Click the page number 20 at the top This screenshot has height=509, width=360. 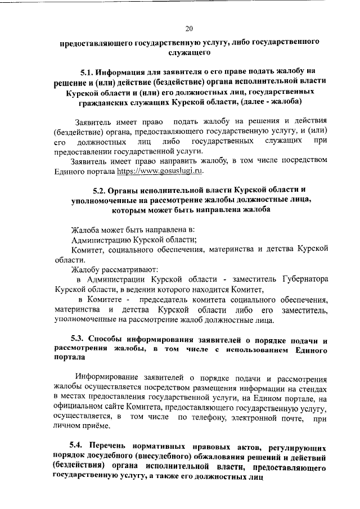click(x=188, y=29)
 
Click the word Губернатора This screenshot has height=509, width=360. click(x=300, y=279)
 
